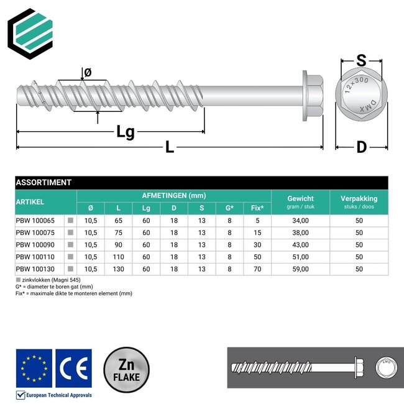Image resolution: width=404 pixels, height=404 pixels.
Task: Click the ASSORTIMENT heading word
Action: click(x=44, y=183)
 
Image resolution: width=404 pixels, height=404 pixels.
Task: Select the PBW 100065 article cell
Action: click(x=35, y=220)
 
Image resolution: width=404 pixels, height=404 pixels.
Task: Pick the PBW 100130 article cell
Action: click(x=35, y=270)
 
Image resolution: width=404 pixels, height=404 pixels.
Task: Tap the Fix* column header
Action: click(x=257, y=208)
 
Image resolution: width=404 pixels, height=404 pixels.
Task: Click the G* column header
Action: click(x=229, y=208)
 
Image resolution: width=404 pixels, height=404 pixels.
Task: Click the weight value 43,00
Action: click(x=300, y=245)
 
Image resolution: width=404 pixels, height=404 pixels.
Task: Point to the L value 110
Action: click(x=118, y=257)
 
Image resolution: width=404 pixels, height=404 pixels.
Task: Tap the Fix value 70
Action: click(x=257, y=270)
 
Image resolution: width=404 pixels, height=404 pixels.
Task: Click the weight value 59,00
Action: click(x=300, y=270)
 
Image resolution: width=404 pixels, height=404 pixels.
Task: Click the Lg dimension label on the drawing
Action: click(x=126, y=132)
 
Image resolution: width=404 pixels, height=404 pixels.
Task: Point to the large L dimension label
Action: click(x=170, y=148)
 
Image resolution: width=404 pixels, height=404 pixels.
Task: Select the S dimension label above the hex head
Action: click(x=360, y=61)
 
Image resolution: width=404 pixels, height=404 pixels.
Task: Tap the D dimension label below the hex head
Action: click(x=361, y=148)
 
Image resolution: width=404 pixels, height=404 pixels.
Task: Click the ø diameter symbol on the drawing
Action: click(x=88, y=73)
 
